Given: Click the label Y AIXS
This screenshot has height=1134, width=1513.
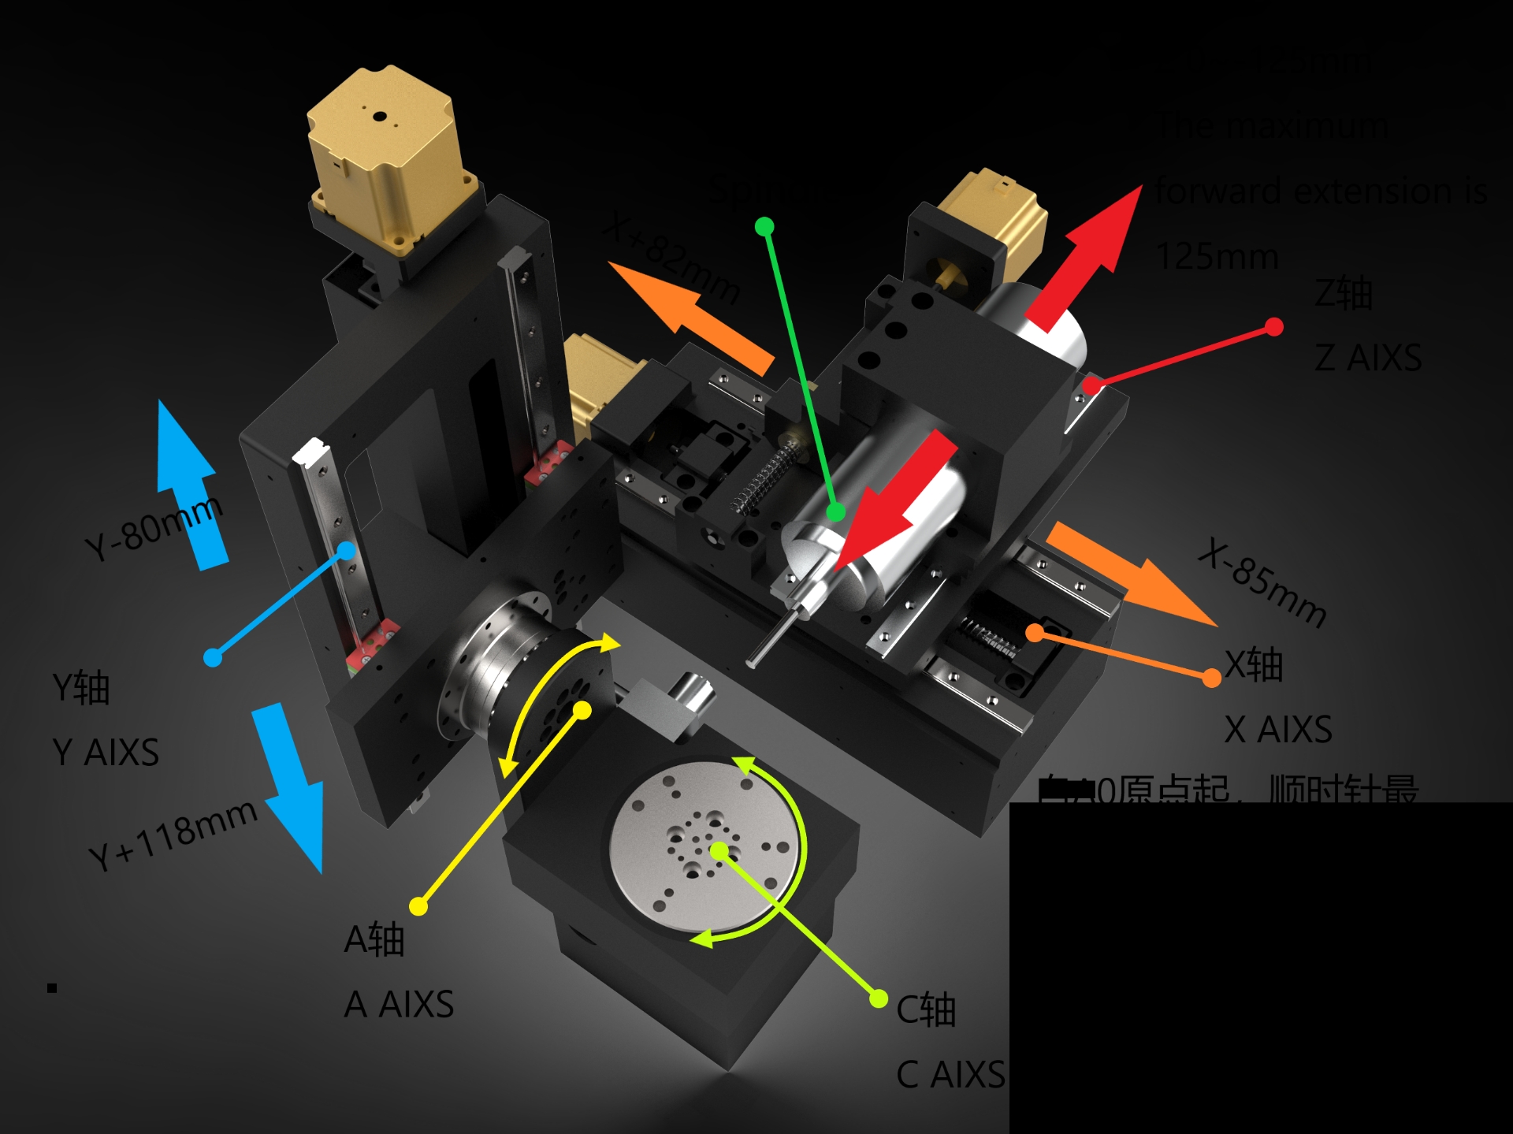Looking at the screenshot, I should (106, 753).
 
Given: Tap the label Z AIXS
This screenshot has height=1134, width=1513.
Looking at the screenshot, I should (1368, 358).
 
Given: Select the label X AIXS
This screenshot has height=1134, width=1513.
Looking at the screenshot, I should (1278, 730).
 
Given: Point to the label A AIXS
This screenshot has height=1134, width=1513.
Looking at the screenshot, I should (399, 1005).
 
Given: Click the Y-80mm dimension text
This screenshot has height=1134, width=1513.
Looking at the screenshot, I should (154, 529).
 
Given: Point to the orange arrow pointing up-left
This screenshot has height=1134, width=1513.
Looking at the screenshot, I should (686, 315).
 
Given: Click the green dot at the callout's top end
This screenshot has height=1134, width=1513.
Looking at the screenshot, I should (764, 227).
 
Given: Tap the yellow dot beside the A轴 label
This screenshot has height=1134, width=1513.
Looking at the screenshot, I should (418, 906).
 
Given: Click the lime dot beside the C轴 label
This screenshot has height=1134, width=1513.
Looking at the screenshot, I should (879, 999).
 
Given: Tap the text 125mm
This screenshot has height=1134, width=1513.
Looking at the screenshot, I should (1217, 257).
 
